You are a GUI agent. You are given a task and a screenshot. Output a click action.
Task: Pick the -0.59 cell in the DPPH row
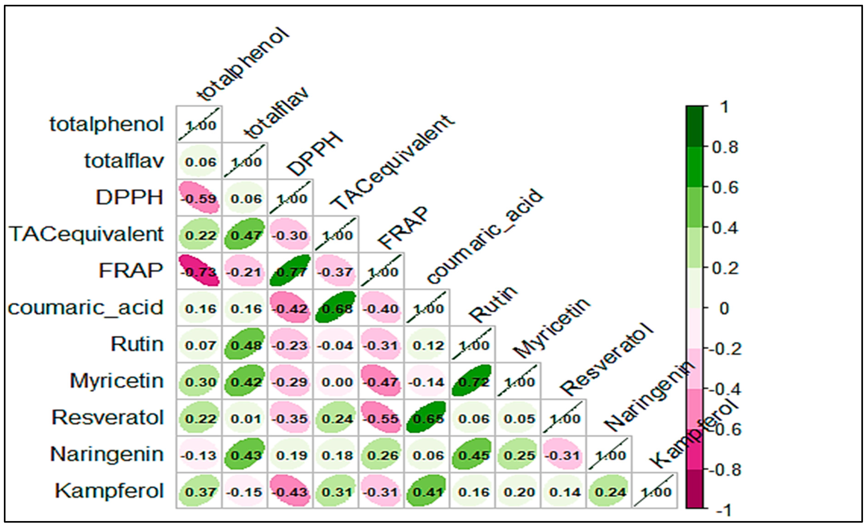(x=199, y=198)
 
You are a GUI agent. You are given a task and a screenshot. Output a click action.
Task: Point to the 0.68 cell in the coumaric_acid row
(x=336, y=308)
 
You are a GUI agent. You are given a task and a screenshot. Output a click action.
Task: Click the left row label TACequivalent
(x=86, y=234)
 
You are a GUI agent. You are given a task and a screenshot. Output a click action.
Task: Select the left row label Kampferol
(x=109, y=491)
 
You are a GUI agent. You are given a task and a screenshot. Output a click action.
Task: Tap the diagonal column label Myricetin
(x=551, y=328)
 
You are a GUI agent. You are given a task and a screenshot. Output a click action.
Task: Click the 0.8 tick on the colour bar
(x=725, y=147)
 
